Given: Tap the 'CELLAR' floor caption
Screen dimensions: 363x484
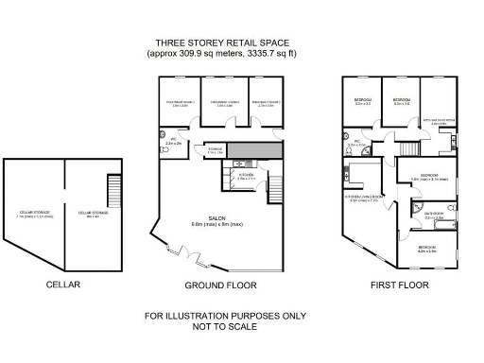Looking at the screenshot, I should [x=63, y=284].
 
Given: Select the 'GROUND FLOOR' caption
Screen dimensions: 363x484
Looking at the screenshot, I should [x=221, y=284].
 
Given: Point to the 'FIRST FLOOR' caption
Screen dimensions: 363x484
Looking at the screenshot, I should [x=400, y=284].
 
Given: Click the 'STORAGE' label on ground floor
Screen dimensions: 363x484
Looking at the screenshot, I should [x=216, y=149].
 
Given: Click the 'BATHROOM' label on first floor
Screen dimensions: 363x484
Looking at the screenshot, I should [x=434, y=214].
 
